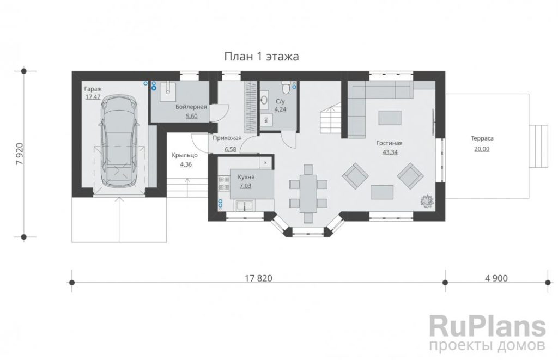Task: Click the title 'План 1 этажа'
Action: coord(262,57)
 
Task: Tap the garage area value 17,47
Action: coord(93,96)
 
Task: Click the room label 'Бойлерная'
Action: coord(191,107)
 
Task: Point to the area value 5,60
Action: coord(191,116)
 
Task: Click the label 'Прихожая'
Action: coord(227,138)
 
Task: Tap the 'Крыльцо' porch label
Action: coord(185,155)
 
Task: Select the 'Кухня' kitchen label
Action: coord(246,177)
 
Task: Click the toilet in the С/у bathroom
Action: coord(286,86)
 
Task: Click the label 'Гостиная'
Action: coord(389,143)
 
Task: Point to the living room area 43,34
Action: coord(390,152)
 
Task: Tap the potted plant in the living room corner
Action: coord(426,200)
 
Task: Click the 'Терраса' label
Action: coord(482,138)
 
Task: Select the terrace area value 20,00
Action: coord(482,149)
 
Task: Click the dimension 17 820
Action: coord(258,278)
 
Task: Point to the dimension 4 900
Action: coord(496,278)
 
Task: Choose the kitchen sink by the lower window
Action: coord(244,205)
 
